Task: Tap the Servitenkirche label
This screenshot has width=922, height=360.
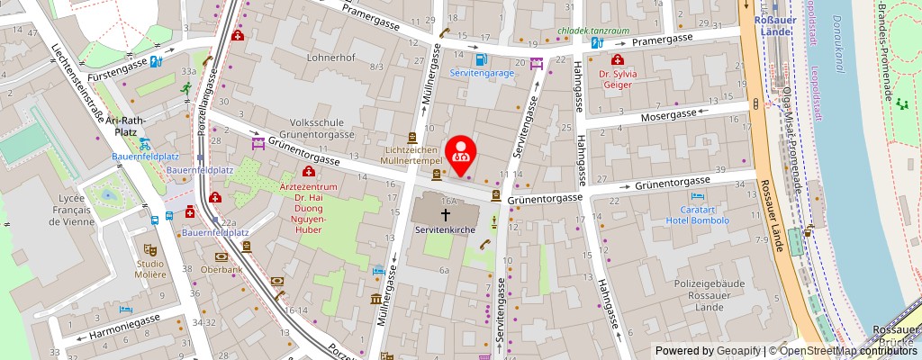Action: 445,230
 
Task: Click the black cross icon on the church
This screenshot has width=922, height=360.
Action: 445,214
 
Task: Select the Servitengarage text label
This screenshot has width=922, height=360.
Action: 482,73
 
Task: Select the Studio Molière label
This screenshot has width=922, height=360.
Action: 150,269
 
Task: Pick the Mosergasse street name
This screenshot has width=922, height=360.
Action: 668,116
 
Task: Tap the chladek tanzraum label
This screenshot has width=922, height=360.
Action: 592,30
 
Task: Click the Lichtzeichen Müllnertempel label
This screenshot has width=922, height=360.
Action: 411,154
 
